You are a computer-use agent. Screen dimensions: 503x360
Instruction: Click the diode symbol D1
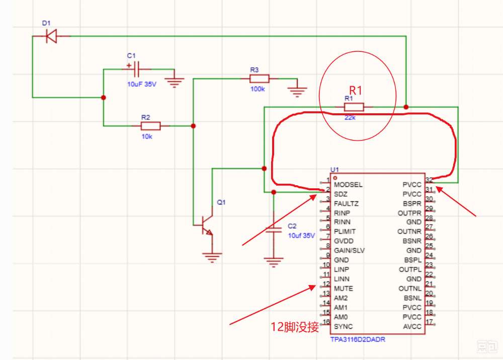click(x=51, y=36)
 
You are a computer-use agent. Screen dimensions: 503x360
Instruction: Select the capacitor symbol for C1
click(x=136, y=68)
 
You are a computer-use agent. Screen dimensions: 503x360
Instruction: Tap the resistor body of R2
click(x=151, y=126)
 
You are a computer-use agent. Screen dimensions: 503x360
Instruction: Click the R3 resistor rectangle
click(x=259, y=79)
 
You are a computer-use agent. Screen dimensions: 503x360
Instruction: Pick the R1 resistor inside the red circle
click(x=354, y=107)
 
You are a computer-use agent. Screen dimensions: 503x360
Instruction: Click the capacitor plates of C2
click(x=274, y=229)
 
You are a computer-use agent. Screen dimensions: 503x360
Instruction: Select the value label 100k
click(x=258, y=89)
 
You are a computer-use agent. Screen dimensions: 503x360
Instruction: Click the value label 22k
click(x=350, y=117)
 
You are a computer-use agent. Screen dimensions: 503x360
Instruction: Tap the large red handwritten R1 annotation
click(x=356, y=90)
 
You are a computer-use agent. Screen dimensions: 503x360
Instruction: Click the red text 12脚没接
click(x=295, y=327)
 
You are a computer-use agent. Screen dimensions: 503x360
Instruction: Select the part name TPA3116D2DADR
click(x=358, y=339)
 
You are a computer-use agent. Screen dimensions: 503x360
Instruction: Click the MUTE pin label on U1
click(x=343, y=289)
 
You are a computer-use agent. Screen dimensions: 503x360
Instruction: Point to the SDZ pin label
click(x=341, y=194)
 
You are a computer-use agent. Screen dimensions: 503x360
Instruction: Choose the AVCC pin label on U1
click(x=412, y=327)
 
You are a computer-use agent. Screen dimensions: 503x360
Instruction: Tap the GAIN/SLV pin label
click(x=349, y=251)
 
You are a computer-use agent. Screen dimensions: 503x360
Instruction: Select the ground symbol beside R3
click(x=297, y=92)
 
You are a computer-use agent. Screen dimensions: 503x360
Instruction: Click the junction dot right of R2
click(x=193, y=126)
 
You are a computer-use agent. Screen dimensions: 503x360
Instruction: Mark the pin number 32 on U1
click(x=429, y=180)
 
